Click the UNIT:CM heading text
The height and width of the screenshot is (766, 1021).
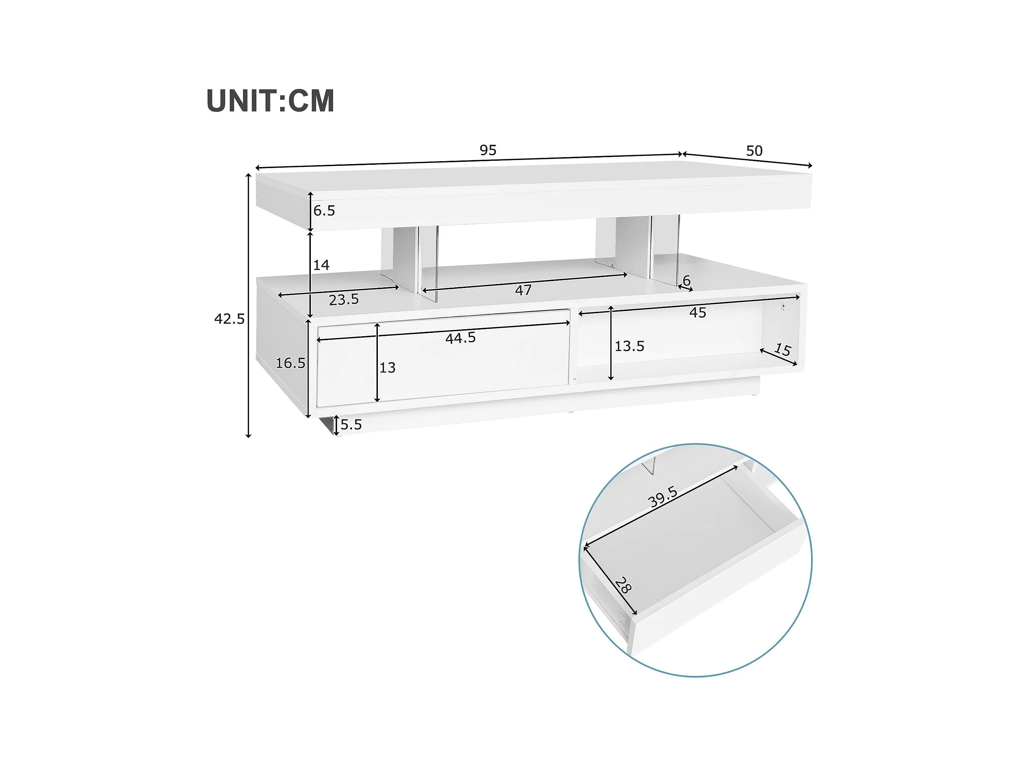[270, 101]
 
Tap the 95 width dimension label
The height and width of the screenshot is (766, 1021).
[488, 150]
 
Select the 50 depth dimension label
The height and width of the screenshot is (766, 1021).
[754, 151]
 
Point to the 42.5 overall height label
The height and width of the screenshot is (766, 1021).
[230, 319]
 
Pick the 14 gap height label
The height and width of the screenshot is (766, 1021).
[321, 265]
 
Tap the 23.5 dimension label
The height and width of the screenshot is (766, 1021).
[344, 300]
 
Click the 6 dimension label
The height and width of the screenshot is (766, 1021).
[686, 280]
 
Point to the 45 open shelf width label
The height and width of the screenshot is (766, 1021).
[697, 312]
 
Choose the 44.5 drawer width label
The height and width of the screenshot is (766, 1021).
[460, 338]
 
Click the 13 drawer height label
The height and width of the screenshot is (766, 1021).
[387, 368]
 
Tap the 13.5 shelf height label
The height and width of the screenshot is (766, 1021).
[629, 346]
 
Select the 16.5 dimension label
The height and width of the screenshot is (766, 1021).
[290, 363]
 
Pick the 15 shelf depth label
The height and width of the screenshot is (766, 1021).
[782, 350]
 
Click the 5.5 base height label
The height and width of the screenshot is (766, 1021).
[351, 424]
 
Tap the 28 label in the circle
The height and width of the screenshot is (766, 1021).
[623, 586]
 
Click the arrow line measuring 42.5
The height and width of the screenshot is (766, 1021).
[248, 305]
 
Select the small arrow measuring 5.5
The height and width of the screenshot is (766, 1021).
[336, 425]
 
